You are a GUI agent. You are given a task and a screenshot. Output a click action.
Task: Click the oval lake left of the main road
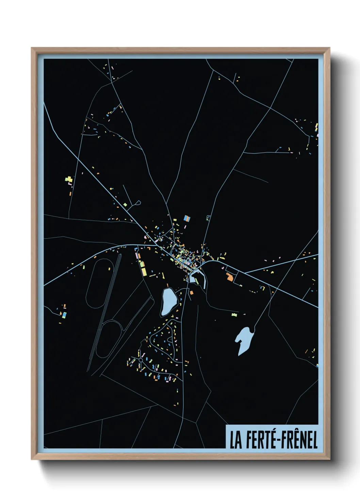click(x=168, y=301)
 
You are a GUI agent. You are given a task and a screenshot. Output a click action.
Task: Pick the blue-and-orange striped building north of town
click(x=186, y=218)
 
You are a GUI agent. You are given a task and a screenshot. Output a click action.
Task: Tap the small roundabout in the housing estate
click(x=141, y=360)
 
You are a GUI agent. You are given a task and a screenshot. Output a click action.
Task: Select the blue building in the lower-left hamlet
click(x=64, y=315)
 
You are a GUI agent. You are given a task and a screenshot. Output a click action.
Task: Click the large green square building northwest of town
click(x=125, y=205)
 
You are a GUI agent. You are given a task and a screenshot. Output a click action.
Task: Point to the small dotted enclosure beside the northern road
click(x=208, y=218)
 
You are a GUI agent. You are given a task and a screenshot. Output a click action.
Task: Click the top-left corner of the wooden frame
click(x=32, y=48)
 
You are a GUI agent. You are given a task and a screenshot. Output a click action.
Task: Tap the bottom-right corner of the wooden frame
click(x=329, y=459)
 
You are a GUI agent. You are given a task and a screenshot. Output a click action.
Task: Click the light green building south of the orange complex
click(x=234, y=315)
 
